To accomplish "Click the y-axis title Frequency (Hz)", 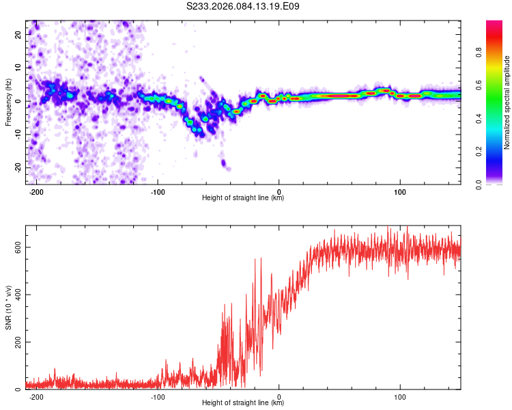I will (x=8, y=102).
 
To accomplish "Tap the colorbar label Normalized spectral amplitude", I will (x=507, y=102).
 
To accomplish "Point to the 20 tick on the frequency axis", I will (x=18, y=33).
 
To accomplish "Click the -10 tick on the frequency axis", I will (x=17, y=134).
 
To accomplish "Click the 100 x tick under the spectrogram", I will (x=400, y=191).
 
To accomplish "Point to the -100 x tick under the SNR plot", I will (x=158, y=396).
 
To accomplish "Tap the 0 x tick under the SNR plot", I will (x=279, y=396).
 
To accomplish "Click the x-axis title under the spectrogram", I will (x=243, y=198).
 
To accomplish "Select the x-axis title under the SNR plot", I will (x=243, y=404).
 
